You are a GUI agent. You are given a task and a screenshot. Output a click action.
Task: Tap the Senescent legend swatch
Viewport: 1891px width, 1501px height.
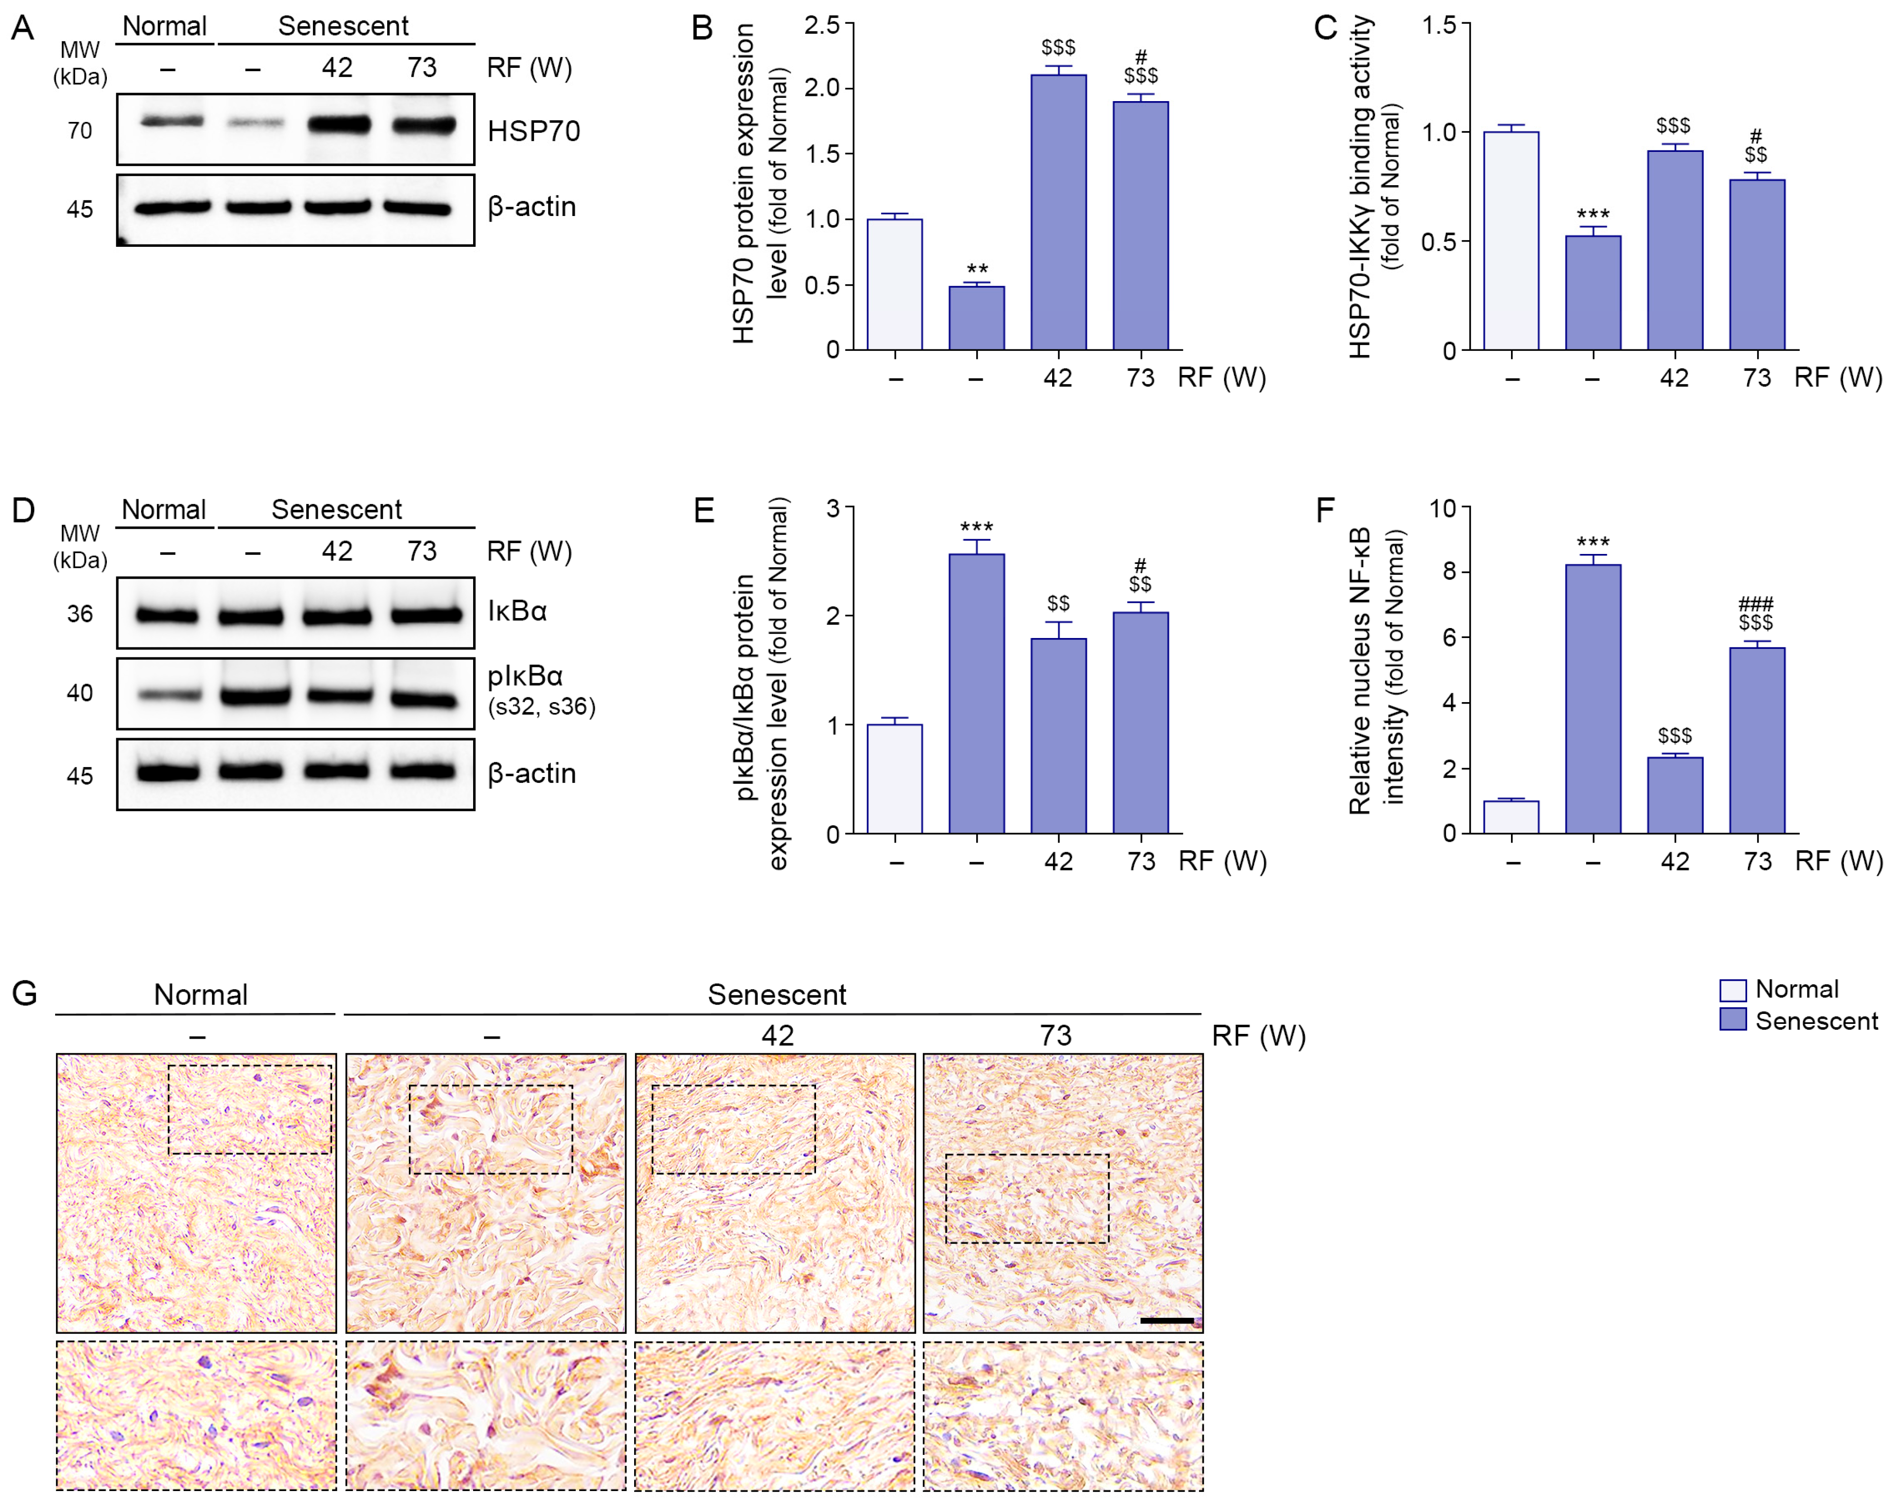tap(1732, 1019)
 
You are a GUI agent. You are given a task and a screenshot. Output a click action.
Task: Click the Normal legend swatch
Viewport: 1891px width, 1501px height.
tap(1732, 990)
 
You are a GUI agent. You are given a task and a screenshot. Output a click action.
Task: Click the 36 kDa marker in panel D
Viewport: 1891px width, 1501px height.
tap(80, 614)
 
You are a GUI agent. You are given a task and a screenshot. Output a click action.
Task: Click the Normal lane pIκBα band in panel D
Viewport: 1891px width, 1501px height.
tap(169, 694)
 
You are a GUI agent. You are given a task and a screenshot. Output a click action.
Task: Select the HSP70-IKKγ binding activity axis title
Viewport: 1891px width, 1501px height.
tap(1359, 188)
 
